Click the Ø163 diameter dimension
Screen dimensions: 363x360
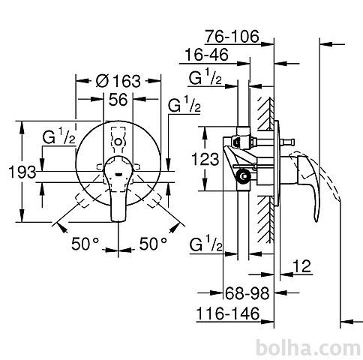[118, 81]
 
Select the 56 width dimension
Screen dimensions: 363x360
[118, 100]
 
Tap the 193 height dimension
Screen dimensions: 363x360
[22, 172]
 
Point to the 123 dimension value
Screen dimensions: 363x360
[205, 159]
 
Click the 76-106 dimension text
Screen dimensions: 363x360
[232, 37]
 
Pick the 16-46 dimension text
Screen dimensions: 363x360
[207, 55]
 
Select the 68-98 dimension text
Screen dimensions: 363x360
[247, 293]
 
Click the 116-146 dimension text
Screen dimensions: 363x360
[228, 313]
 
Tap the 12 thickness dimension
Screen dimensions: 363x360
[301, 266]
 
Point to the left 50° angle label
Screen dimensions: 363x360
[85, 244]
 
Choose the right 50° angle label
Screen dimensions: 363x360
[153, 244]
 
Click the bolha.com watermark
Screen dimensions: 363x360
[308, 348]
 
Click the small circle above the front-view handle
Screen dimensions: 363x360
[118, 142]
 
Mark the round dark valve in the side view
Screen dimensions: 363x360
[244, 176]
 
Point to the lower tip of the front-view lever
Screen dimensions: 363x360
[118, 220]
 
